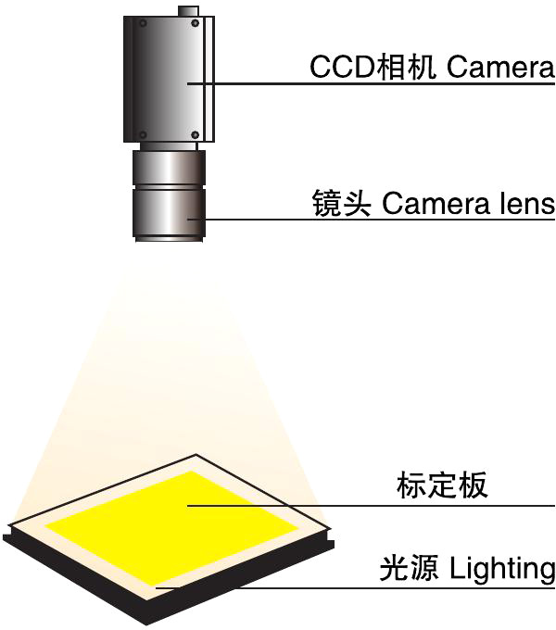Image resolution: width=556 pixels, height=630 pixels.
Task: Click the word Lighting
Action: [x=502, y=568]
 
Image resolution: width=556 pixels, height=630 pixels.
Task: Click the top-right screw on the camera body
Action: [x=196, y=25]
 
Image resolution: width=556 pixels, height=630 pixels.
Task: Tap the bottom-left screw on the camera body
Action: [x=142, y=136]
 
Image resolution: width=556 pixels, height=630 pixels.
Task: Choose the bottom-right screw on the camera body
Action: [x=195, y=136]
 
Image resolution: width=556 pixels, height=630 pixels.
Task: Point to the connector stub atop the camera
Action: [x=188, y=11]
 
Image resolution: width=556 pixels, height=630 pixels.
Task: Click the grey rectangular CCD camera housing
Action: [x=167, y=79]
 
